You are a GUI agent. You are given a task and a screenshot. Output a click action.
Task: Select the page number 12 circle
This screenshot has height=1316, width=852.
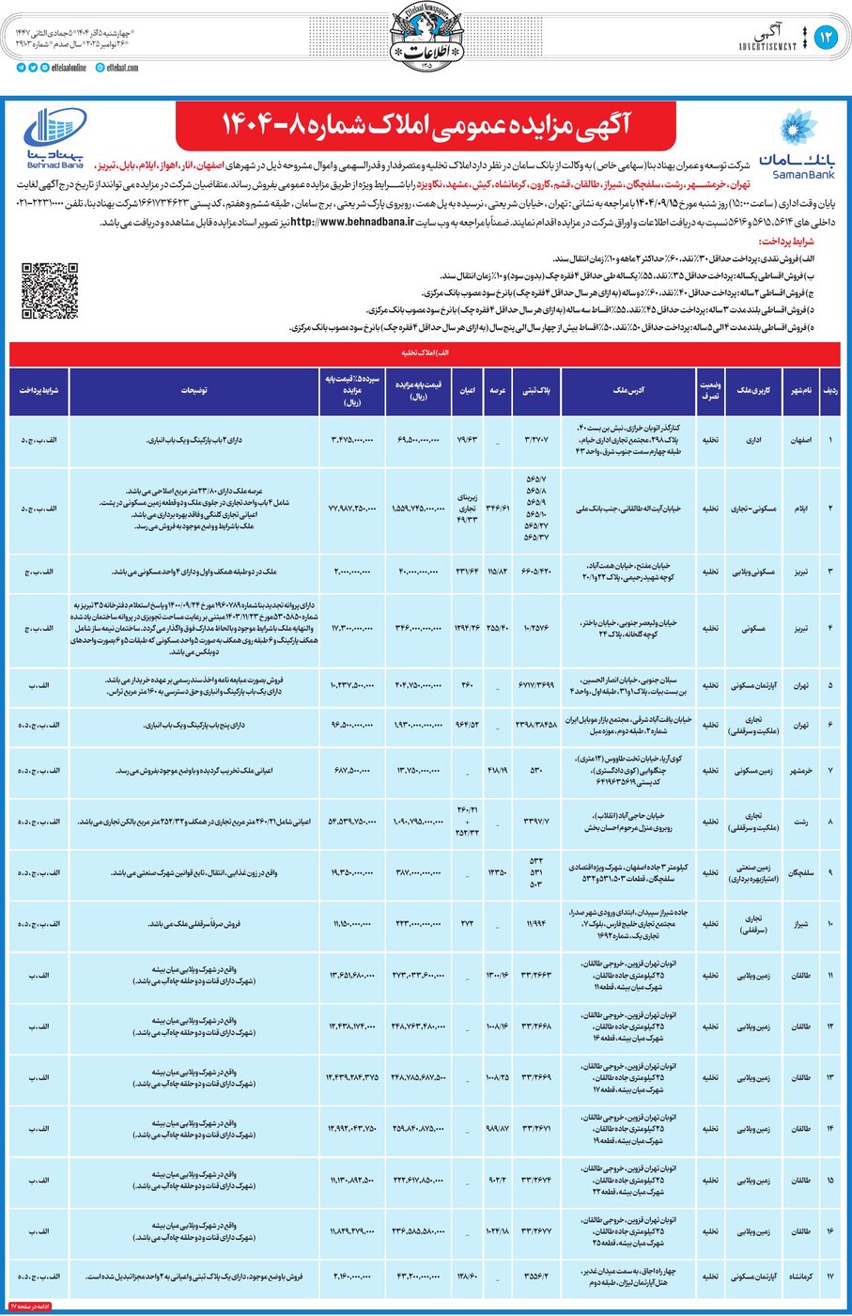(x=826, y=38)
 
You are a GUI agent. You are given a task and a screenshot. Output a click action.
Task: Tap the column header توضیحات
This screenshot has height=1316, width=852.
(x=194, y=390)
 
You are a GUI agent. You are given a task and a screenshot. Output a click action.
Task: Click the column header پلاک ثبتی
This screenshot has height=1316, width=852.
(x=535, y=390)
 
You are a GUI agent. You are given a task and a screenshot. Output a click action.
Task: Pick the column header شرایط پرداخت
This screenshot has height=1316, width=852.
(x=39, y=390)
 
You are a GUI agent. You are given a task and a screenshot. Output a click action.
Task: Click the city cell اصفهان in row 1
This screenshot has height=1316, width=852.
(x=800, y=439)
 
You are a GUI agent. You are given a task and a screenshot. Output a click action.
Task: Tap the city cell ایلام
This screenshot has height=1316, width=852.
(x=800, y=508)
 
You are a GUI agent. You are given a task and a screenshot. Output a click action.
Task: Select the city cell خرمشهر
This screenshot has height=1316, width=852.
(x=800, y=770)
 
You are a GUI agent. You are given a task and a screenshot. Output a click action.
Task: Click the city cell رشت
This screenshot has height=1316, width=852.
(x=800, y=822)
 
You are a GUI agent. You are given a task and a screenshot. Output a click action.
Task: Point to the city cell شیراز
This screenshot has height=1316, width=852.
(x=800, y=924)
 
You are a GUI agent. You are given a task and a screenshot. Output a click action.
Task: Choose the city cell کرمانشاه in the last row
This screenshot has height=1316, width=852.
(x=800, y=1277)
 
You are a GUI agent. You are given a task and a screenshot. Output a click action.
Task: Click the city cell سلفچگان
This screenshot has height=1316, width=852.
(x=800, y=872)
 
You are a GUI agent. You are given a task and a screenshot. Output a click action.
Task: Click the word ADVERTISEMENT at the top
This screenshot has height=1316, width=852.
(x=767, y=45)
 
